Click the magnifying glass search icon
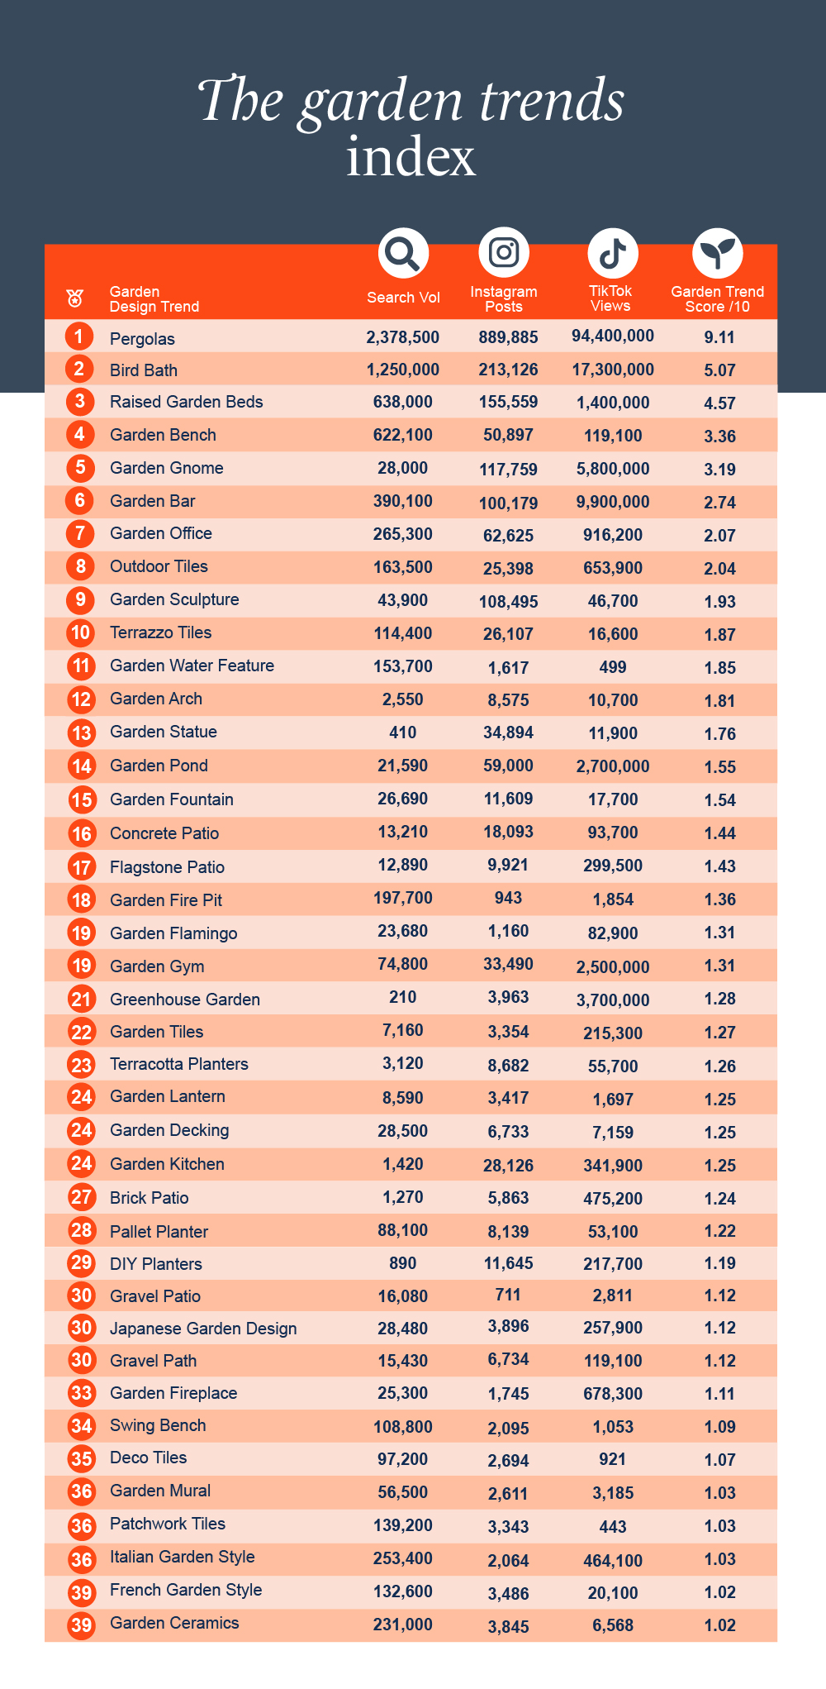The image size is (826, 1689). pos(403,253)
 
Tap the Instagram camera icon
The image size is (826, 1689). pos(504,252)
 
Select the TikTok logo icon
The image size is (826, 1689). pos(612,253)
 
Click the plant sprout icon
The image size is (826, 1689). pos(717,253)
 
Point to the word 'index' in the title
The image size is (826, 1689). pos(411,156)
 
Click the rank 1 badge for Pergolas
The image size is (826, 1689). pos(79,336)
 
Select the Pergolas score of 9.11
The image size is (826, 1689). pos(719,337)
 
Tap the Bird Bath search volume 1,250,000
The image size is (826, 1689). pos(403,370)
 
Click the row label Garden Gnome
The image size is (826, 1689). pos(167,468)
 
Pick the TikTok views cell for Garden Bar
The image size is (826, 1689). pos(613,502)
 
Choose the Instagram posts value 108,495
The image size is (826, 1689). pos(508,602)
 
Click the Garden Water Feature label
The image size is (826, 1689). pos(192,666)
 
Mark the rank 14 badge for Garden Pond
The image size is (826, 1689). pos(81,766)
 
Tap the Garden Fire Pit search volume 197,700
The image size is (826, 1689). pos(403,899)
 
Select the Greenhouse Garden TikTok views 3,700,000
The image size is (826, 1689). pos(613,1000)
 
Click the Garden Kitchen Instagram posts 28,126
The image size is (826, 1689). pos(508,1166)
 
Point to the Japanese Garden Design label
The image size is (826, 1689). pos(203,1329)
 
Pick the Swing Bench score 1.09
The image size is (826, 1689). pos(719,1427)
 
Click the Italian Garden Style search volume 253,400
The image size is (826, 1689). pos(403,1558)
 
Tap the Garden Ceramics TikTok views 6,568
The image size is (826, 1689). pos(613,1625)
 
